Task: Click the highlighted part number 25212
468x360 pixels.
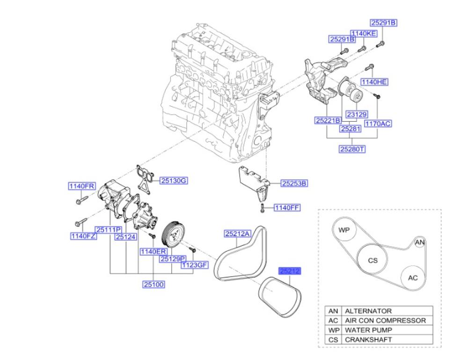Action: (289, 271)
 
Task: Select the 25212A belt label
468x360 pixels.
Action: (237, 233)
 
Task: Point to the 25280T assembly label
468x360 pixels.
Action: (352, 149)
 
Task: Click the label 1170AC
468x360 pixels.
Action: (378, 124)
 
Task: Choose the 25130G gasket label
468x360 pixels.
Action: (174, 180)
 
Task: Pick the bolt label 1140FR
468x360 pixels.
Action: (82, 186)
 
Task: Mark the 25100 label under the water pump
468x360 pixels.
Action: (154, 284)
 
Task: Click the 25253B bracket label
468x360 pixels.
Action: (294, 184)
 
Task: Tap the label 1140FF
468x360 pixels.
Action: (287, 207)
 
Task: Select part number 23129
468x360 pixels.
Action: (356, 114)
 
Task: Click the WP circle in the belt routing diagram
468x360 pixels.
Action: (344, 231)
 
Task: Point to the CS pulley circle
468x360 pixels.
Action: (373, 260)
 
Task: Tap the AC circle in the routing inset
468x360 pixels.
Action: (412, 278)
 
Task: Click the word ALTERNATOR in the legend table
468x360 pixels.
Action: (368, 311)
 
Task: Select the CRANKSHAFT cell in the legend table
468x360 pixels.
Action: (368, 339)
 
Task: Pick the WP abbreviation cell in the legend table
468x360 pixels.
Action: (333, 330)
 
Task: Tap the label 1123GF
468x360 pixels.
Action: (194, 265)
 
